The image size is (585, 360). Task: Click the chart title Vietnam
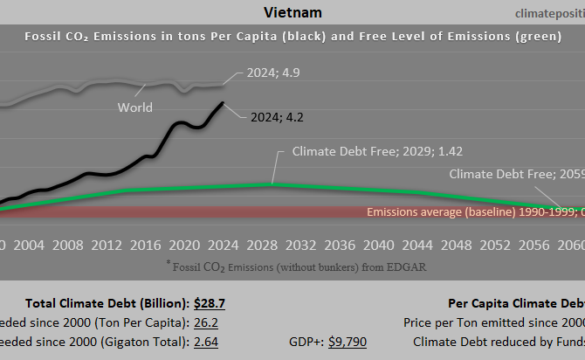[292, 12]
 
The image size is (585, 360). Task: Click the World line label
[135, 107]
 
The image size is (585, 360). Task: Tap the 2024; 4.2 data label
[278, 115]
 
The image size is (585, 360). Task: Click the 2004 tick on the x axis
[30, 244]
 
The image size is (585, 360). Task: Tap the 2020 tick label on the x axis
[182, 244]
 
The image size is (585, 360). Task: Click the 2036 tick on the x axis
[335, 244]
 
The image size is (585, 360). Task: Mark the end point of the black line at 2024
[223, 102]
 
